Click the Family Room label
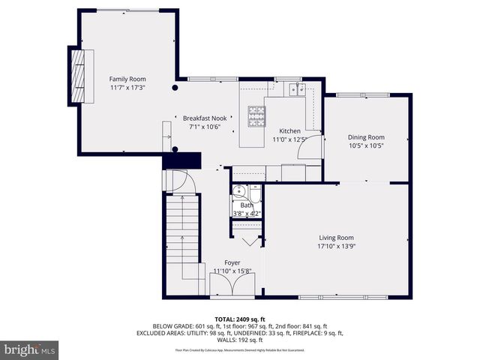[x=127, y=79]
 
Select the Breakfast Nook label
[x=205, y=118]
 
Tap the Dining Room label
[x=365, y=136]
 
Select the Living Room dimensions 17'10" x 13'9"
[x=336, y=246]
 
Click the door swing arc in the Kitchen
[x=310, y=147]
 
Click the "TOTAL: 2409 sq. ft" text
[x=239, y=319]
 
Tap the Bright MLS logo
[x=30, y=349]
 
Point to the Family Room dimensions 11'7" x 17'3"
[x=127, y=87]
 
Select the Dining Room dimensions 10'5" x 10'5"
[x=365, y=145]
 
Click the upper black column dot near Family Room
[x=175, y=88]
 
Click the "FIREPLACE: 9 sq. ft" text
[x=317, y=332]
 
